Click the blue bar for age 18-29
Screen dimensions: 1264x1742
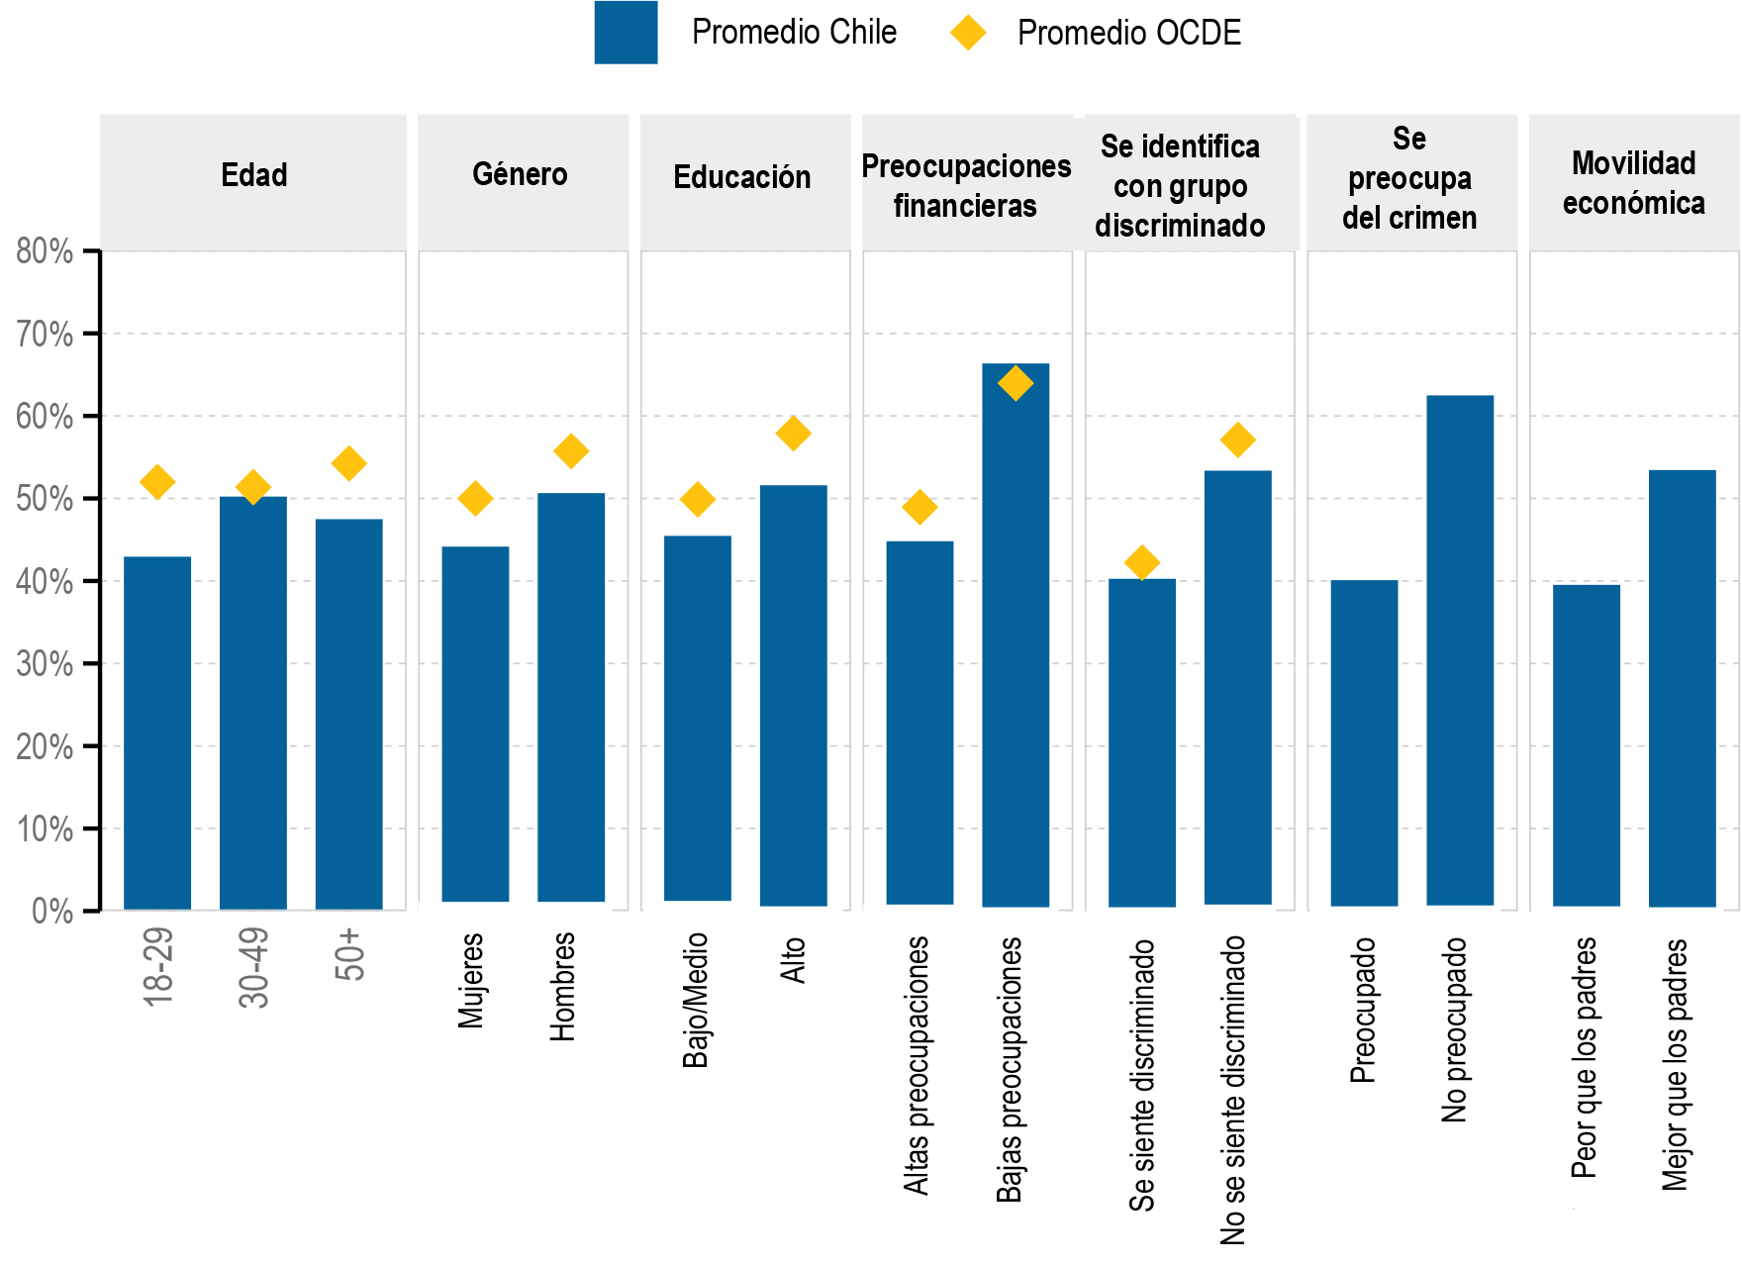[x=157, y=732]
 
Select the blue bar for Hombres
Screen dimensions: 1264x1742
[x=571, y=697]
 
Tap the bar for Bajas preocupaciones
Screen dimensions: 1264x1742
[x=1016, y=634]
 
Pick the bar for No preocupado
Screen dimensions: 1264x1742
[x=1460, y=650]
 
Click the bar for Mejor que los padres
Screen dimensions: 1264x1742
[x=1682, y=688]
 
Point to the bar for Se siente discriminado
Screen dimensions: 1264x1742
[x=1142, y=742]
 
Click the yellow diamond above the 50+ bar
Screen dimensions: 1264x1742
[x=348, y=463]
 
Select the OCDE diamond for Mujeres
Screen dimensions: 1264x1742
[x=475, y=499]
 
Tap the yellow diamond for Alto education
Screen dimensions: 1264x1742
[x=793, y=434]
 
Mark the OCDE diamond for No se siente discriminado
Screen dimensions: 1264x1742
[x=1237, y=439]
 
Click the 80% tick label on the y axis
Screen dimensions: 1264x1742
[x=45, y=251]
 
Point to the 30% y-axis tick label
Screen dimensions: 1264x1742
[x=45, y=664]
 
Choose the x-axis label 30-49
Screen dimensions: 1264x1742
[x=253, y=967]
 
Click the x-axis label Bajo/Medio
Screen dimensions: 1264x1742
[x=696, y=1000]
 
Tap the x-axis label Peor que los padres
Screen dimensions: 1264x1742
[x=1585, y=1057]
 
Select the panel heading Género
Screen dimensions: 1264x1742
[x=520, y=175]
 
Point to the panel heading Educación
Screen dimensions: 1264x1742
[x=742, y=177]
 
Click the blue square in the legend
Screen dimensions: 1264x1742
[x=626, y=33]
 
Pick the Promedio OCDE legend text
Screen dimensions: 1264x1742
[x=1128, y=33]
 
